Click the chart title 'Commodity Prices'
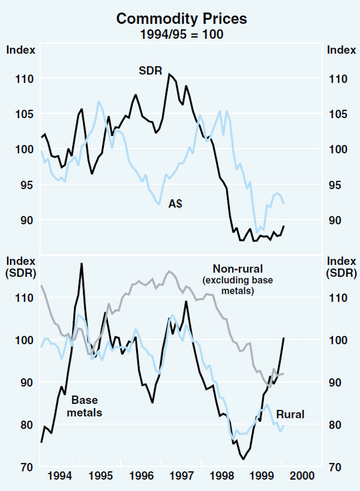pos(181,19)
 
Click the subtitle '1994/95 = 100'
pos(181,34)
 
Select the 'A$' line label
pos(176,204)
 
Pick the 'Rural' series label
pos(291,414)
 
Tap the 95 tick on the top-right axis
pos(337,185)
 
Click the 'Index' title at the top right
pos(339,49)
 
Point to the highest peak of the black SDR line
pos(169,74)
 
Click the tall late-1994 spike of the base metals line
pos(81,264)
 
